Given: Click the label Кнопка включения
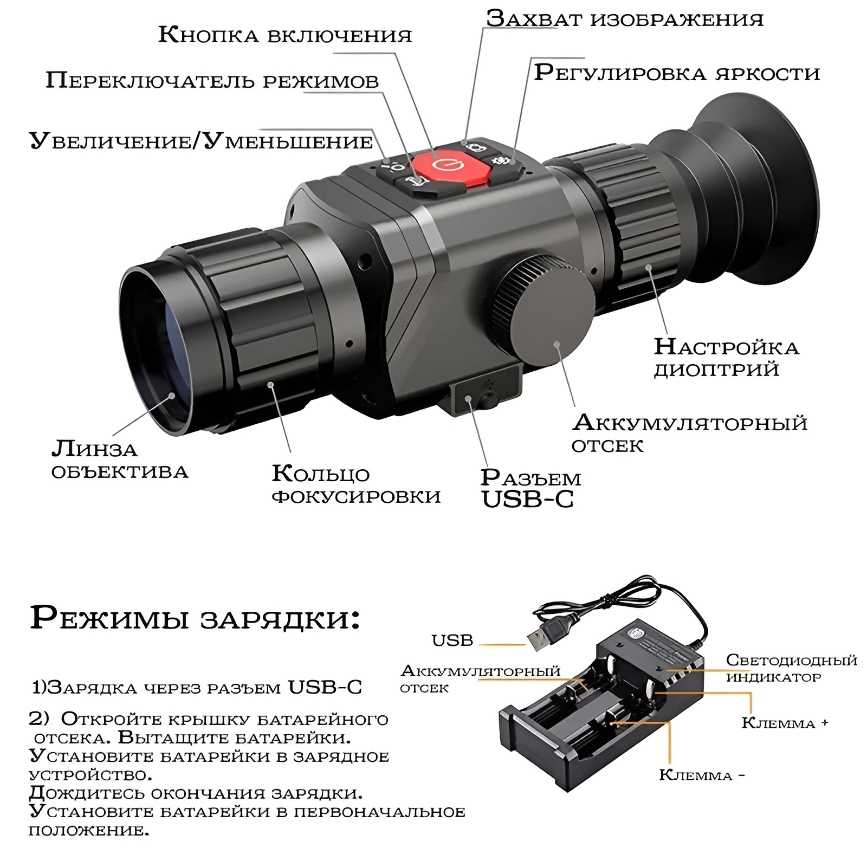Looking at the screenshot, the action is tap(285, 35).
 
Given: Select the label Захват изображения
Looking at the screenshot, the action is tap(625, 18).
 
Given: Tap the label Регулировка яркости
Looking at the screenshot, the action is tap(677, 73).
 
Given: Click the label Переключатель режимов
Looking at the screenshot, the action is tap(212, 81).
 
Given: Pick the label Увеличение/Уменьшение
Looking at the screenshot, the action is tap(201, 141).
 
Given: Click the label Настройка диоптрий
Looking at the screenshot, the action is tap(726, 358).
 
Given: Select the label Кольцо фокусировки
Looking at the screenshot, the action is tap(356, 484).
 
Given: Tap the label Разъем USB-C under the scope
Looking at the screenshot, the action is tap(530, 488).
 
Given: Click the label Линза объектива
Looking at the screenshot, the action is tap(119, 460).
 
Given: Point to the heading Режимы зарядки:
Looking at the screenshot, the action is tap(195, 618).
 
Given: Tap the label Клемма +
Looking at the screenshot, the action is tap(785, 723).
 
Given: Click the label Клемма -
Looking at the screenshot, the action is tap(702, 775).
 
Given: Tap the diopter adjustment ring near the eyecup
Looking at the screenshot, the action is tap(645, 228).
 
